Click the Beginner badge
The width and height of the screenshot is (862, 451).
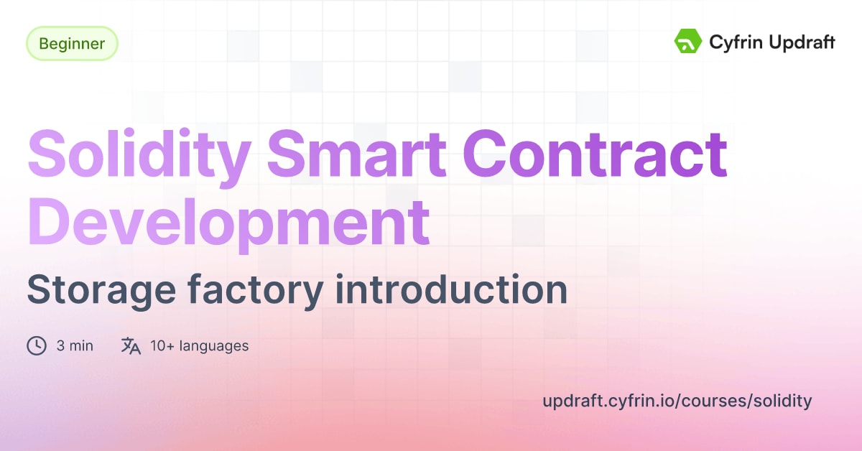[x=72, y=44]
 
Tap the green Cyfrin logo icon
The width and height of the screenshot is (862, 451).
[x=687, y=42]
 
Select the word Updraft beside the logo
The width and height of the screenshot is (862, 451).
[x=800, y=43]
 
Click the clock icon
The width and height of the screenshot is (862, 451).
[x=37, y=345]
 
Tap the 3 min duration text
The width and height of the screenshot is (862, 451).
[x=75, y=345]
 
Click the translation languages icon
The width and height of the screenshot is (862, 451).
[x=131, y=345]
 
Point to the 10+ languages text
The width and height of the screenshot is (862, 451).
[x=199, y=345]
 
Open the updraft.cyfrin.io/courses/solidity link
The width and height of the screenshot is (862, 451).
[x=677, y=401]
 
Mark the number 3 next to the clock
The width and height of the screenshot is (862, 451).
[x=61, y=345]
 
